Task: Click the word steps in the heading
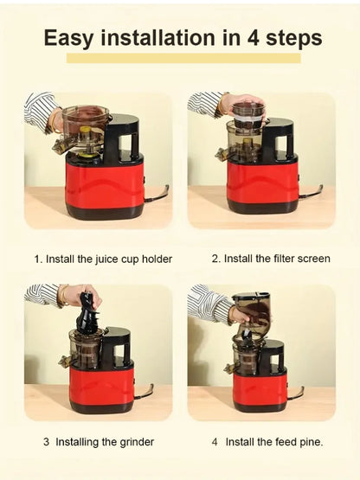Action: [292, 39]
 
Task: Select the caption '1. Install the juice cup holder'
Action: [103, 259]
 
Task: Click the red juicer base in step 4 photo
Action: [259, 386]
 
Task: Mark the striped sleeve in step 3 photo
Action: [41, 295]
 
